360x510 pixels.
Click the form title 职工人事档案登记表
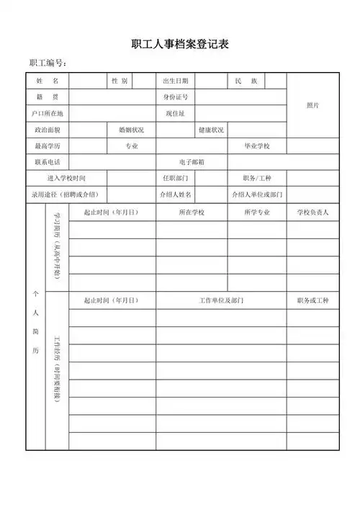(180, 45)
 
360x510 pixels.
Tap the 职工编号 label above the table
(48, 64)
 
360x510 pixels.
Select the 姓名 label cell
(48, 81)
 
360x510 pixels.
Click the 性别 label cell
(120, 81)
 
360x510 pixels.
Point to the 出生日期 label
(176, 81)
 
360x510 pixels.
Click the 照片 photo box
(312, 105)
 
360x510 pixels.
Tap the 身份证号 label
(176, 97)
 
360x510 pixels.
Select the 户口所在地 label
(48, 114)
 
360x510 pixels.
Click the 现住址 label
(176, 114)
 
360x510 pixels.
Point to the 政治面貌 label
(48, 130)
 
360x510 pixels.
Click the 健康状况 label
(212, 130)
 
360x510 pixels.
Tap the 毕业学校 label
(257, 146)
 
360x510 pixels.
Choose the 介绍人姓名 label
(176, 194)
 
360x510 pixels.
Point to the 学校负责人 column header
(312, 212)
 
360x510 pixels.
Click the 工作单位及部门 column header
(221, 300)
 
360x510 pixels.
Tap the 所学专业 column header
(257, 212)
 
